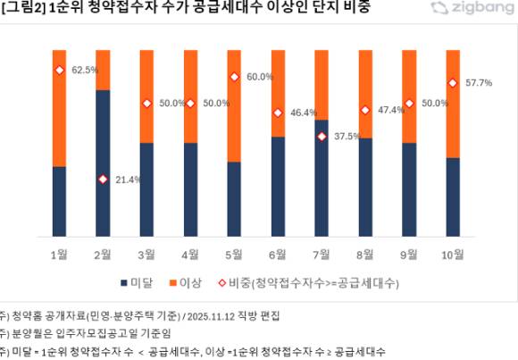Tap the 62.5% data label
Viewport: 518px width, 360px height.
[85, 70]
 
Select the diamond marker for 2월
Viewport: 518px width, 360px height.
[103, 180]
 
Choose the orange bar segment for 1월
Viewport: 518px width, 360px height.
[59, 108]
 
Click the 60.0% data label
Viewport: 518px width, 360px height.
[260, 77]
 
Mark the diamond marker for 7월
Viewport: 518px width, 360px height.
[322, 137]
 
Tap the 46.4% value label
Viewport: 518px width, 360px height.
[304, 113]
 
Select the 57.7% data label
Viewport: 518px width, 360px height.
[479, 83]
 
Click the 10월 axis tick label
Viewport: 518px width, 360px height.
[453, 254]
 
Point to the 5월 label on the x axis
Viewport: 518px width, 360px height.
[234, 254]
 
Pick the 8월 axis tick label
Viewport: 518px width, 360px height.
[365, 254]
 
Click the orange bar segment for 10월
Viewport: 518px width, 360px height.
[453, 104]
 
